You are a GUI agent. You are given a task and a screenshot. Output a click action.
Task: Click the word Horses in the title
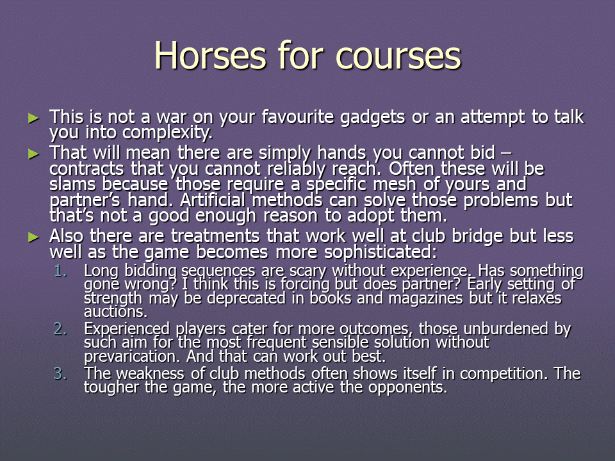pos(211,55)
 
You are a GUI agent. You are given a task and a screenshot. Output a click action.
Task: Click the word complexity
pos(167,133)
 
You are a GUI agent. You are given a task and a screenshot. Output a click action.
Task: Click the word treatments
pos(215,236)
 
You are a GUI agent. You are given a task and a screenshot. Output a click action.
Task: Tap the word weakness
pos(151,373)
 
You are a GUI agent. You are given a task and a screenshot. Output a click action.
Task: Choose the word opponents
pos(407,388)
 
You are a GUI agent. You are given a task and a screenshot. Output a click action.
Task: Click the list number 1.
pos(60,271)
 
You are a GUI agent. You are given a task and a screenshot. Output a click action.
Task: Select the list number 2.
pos(60,329)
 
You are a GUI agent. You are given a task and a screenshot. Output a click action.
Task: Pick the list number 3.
pos(60,373)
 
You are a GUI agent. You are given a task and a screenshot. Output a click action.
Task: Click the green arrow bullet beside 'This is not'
pos(34,118)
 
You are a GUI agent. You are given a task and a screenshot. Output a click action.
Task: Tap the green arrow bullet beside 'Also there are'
pos(34,237)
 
